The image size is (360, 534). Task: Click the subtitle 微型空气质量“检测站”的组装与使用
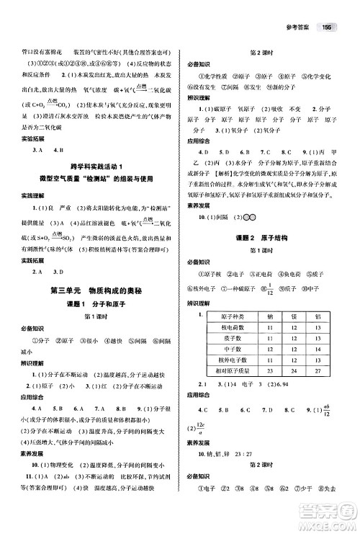(x=94, y=178)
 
